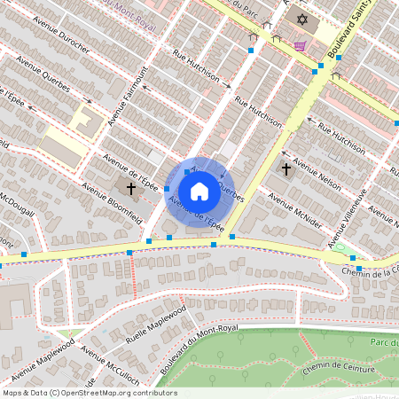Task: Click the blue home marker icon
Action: (199, 192)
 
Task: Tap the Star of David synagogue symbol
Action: (301, 20)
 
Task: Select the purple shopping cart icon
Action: (301, 46)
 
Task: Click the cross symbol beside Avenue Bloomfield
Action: (131, 188)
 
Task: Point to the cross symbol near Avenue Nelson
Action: (286, 168)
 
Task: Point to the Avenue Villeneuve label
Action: (347, 218)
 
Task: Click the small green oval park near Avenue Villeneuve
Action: (338, 248)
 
